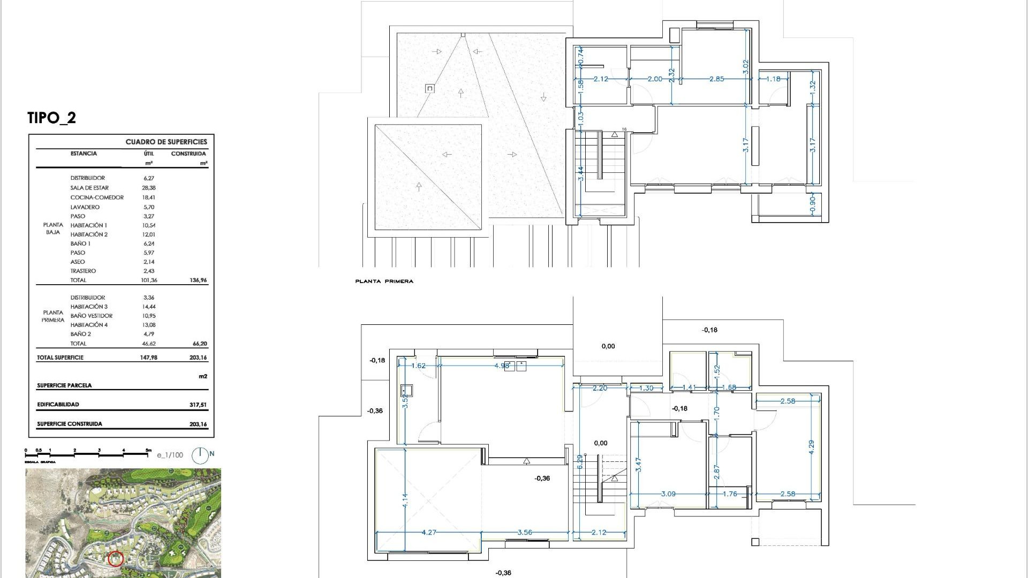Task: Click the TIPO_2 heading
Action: (51, 118)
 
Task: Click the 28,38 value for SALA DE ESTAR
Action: (148, 188)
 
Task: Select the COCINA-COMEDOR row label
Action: (97, 197)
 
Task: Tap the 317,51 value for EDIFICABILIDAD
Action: (198, 405)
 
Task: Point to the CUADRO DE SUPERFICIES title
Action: (166, 142)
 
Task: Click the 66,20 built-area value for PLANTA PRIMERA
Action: (199, 344)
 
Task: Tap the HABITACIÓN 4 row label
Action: (89, 325)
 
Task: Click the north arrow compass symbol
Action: (200, 455)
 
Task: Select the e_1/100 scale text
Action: (170, 455)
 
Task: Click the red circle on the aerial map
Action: (116, 559)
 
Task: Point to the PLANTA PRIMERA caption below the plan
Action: (384, 282)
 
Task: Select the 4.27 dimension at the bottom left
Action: (428, 532)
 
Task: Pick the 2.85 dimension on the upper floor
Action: (716, 79)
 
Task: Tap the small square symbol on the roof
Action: (430, 88)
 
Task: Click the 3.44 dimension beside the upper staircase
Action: (580, 173)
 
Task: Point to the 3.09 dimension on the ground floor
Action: (668, 494)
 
